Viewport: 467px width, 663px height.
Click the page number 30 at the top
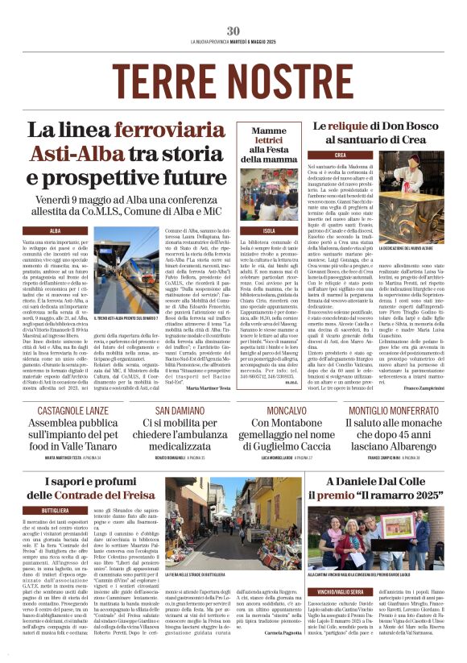233,31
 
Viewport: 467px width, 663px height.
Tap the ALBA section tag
56,230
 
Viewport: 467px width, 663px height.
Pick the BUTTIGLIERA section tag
55,511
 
